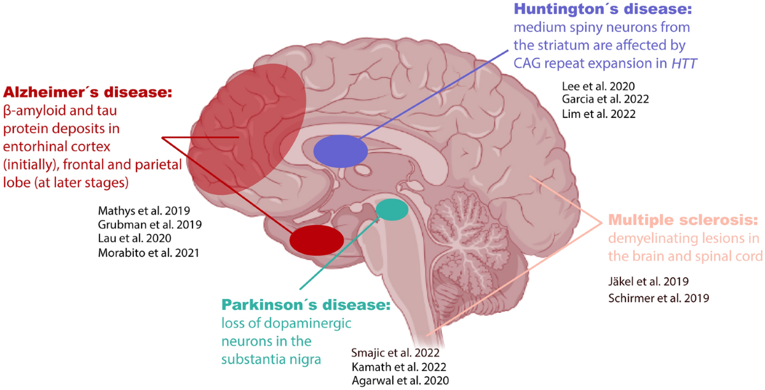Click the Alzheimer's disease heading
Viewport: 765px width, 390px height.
[88, 93]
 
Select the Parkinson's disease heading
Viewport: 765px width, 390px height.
[305, 305]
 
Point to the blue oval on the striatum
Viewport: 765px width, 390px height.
[340, 151]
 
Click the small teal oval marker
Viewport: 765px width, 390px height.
[391, 209]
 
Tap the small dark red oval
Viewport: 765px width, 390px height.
[316, 240]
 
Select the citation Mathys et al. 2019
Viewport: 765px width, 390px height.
[145, 210]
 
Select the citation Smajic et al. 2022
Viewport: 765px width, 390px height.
[396, 352]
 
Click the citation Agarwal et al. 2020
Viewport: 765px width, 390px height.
[400, 380]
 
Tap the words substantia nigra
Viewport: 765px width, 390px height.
[271, 358]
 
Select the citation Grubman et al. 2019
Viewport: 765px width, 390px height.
[150, 224]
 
